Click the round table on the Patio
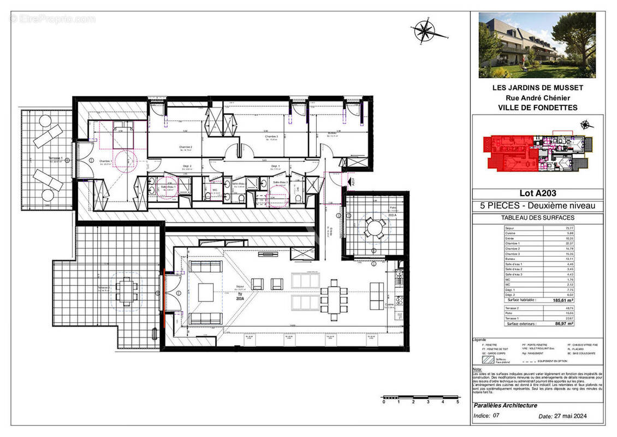[x=374, y=227]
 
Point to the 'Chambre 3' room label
[x=270, y=137]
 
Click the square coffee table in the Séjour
[x=206, y=291]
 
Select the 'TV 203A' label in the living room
[x=239, y=296]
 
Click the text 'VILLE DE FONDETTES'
[x=537, y=108]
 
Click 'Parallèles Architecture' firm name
[x=506, y=405]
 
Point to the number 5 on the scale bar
[x=457, y=401]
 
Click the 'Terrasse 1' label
[x=56, y=158]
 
